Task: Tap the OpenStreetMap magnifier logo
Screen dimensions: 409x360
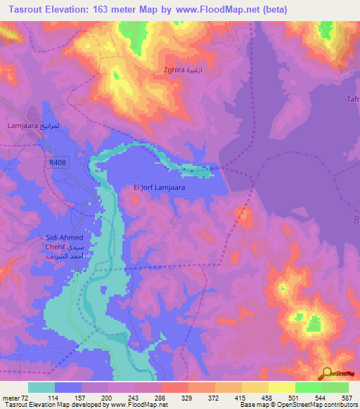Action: click(329, 373)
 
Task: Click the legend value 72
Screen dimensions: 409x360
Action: click(27, 398)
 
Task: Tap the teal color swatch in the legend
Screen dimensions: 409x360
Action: click(41, 387)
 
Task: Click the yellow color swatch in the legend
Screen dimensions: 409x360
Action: click(281, 387)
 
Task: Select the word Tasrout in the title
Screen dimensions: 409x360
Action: click(27, 9)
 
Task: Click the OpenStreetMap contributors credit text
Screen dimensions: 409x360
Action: click(298, 405)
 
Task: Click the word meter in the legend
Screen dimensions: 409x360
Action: click(11, 398)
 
